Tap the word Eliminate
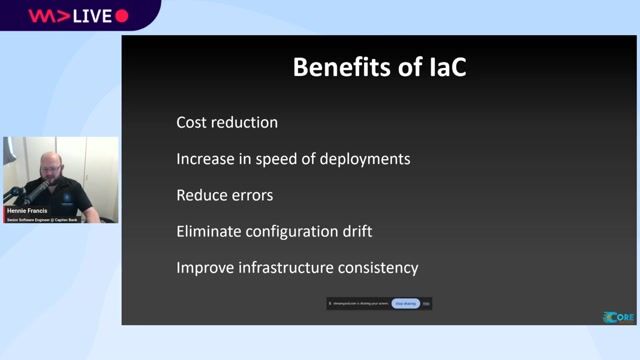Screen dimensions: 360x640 pyautogui.click(x=208, y=231)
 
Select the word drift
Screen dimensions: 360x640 pyautogui.click(x=353, y=231)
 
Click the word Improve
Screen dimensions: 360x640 pyautogui.click(x=203, y=268)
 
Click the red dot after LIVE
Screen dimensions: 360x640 pyautogui.click(x=122, y=16)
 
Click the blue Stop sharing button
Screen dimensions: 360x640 pyautogui.click(x=405, y=302)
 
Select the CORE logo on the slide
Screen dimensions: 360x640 pyautogui.click(x=618, y=317)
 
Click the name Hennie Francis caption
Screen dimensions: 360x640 pyautogui.click(x=27, y=212)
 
